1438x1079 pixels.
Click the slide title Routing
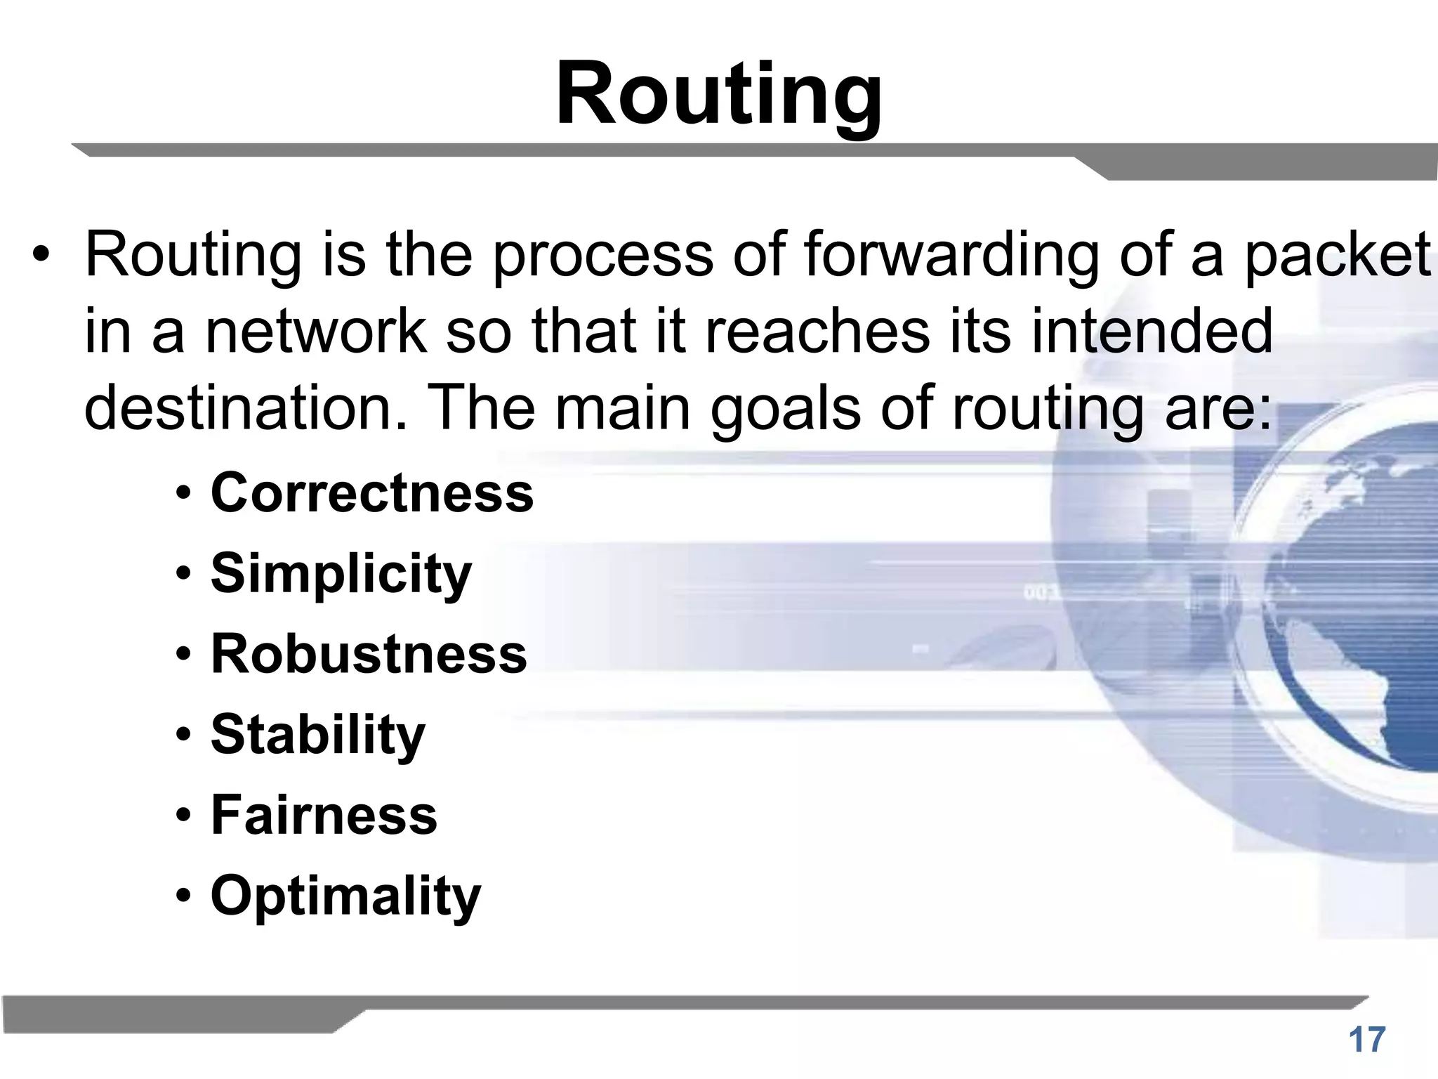pyautogui.click(x=718, y=94)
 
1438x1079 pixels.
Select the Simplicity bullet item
pyautogui.click(x=341, y=574)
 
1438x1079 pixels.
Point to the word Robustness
pyautogui.click(x=369, y=654)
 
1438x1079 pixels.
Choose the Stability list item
pyautogui.click(x=318, y=735)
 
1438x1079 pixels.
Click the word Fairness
pyautogui.click(x=324, y=815)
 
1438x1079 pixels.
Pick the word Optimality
pyautogui.click(x=346, y=896)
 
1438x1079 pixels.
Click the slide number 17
pyautogui.click(x=1366, y=1040)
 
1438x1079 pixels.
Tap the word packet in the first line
pyautogui.click(x=1337, y=254)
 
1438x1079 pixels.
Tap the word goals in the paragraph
pyautogui.click(x=786, y=409)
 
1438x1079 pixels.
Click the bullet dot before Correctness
pyautogui.click(x=183, y=494)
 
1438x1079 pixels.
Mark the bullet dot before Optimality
pyautogui.click(x=183, y=897)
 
